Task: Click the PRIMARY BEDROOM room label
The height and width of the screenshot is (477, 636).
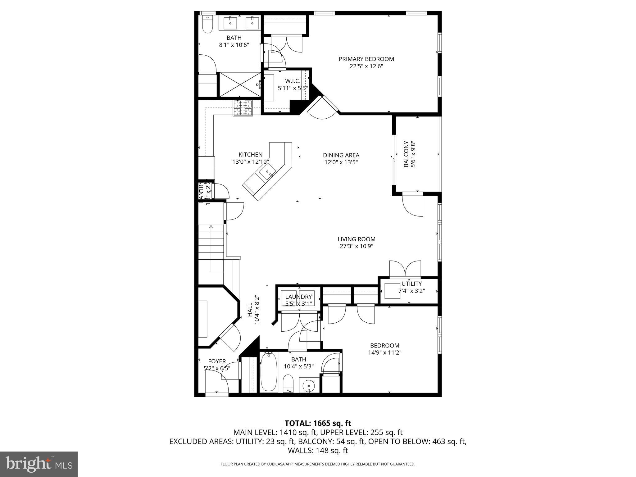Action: [x=366, y=59]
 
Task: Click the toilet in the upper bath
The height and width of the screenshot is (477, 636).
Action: [x=207, y=25]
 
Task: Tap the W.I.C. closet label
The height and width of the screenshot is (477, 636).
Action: [x=292, y=81]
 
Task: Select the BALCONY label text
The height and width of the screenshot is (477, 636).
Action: [x=406, y=154]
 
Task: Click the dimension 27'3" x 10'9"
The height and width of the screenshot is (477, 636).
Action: [x=356, y=246]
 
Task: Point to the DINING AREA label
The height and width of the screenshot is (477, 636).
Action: [x=341, y=155]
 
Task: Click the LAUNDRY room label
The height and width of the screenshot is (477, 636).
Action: [x=298, y=297]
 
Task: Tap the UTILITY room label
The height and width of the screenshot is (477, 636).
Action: [x=411, y=284]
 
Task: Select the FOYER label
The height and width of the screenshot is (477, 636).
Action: [x=217, y=361]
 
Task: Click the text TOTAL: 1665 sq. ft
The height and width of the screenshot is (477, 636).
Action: [x=318, y=423]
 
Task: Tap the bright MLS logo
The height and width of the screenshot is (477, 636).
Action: [x=39, y=464]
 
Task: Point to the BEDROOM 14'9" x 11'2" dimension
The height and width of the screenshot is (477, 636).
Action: [x=384, y=352]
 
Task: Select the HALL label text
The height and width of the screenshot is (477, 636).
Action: [x=250, y=310]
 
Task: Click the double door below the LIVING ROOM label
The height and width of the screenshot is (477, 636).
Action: [x=405, y=269]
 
